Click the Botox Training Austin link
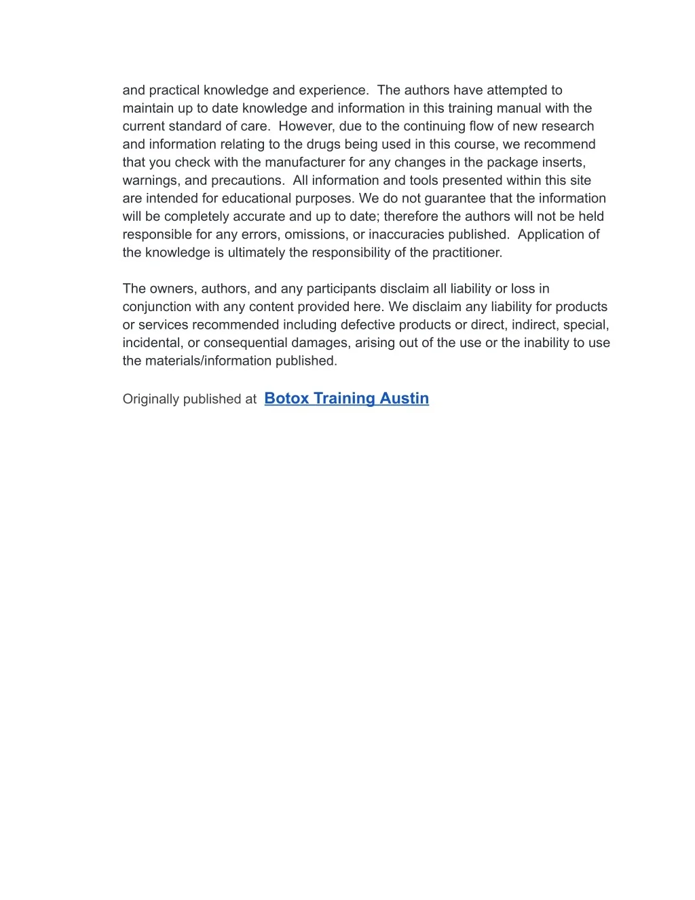pyautogui.click(x=346, y=399)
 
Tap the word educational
pyautogui.click(x=257, y=198)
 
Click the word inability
pyautogui.click(x=525, y=343)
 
